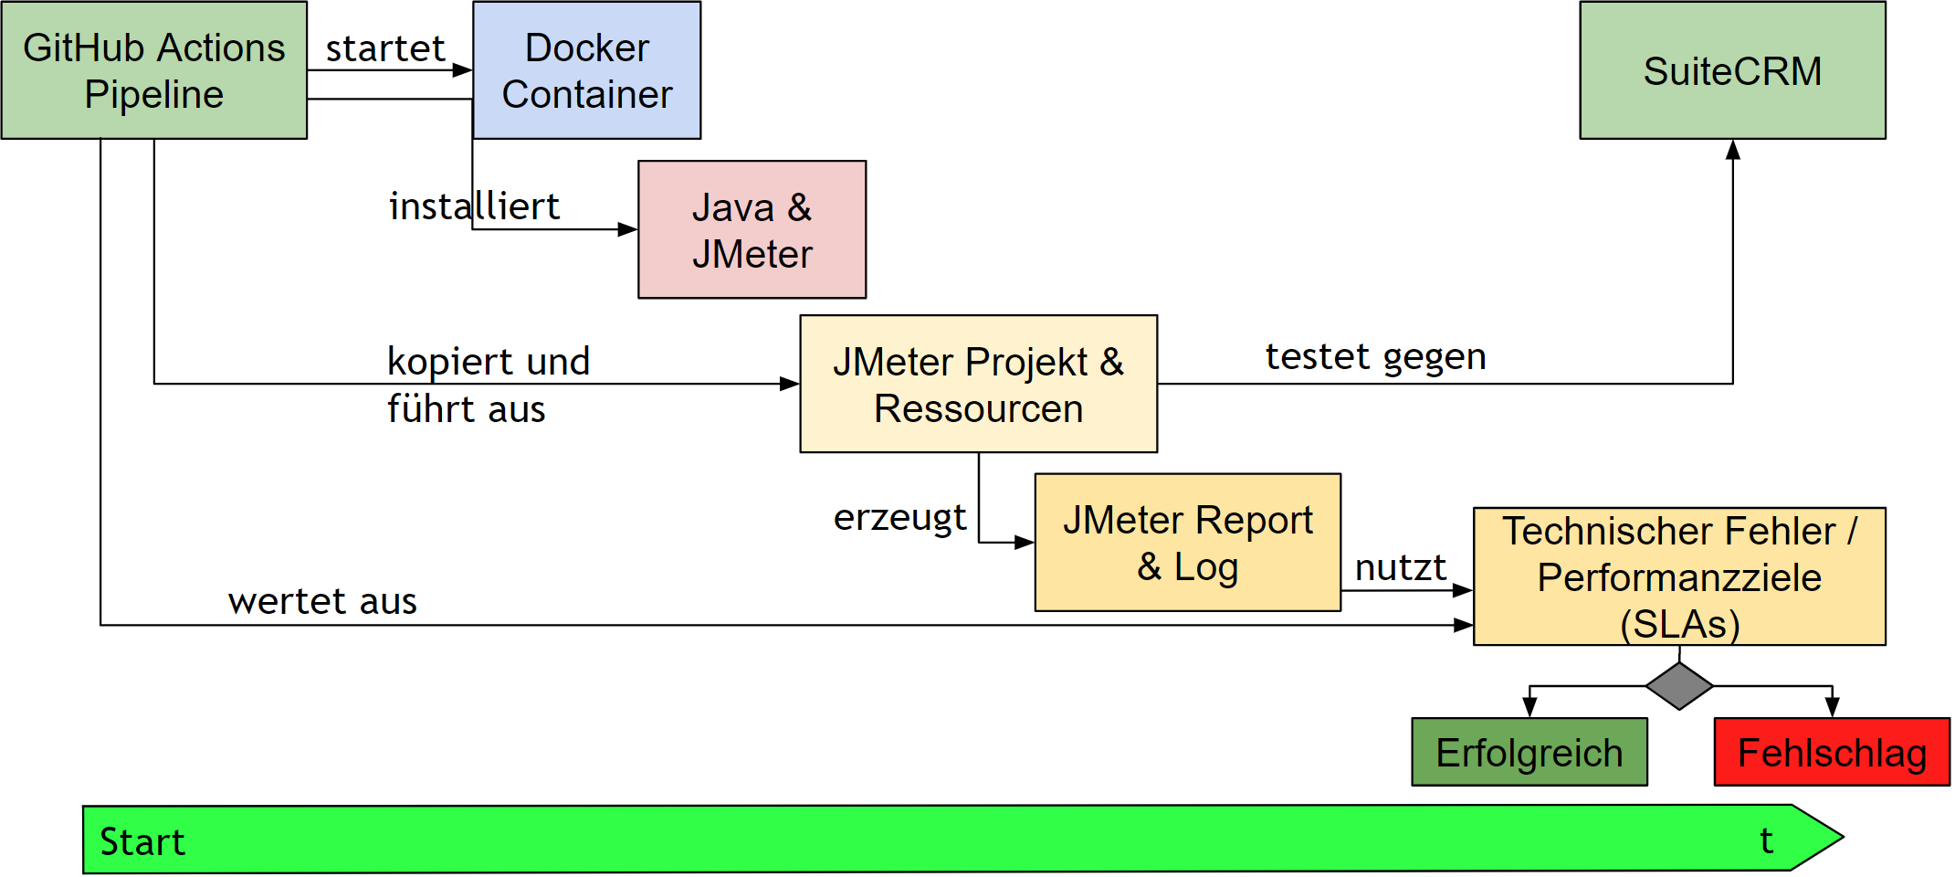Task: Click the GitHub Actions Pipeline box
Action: pos(153,70)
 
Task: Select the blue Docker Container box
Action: pos(586,70)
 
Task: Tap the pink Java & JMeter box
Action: pos(752,229)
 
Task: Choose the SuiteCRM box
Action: pos(1732,70)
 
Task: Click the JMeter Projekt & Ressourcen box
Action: pos(978,384)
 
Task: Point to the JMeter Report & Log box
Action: pos(1187,543)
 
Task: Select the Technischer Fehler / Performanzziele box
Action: pos(1678,576)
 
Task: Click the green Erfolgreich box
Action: pos(1529,752)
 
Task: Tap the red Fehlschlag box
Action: pos(1831,752)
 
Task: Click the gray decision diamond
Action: pos(1678,685)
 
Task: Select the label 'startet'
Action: pos(384,48)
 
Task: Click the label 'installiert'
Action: pos(474,206)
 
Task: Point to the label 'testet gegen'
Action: pos(1375,356)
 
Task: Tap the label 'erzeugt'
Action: pos(899,517)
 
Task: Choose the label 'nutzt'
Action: pos(1400,567)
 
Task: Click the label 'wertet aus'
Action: pos(322,601)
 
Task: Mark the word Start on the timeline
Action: pos(142,841)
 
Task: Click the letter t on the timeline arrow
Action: pos(1766,840)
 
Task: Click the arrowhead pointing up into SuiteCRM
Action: pos(1732,151)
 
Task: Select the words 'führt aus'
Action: pos(466,409)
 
